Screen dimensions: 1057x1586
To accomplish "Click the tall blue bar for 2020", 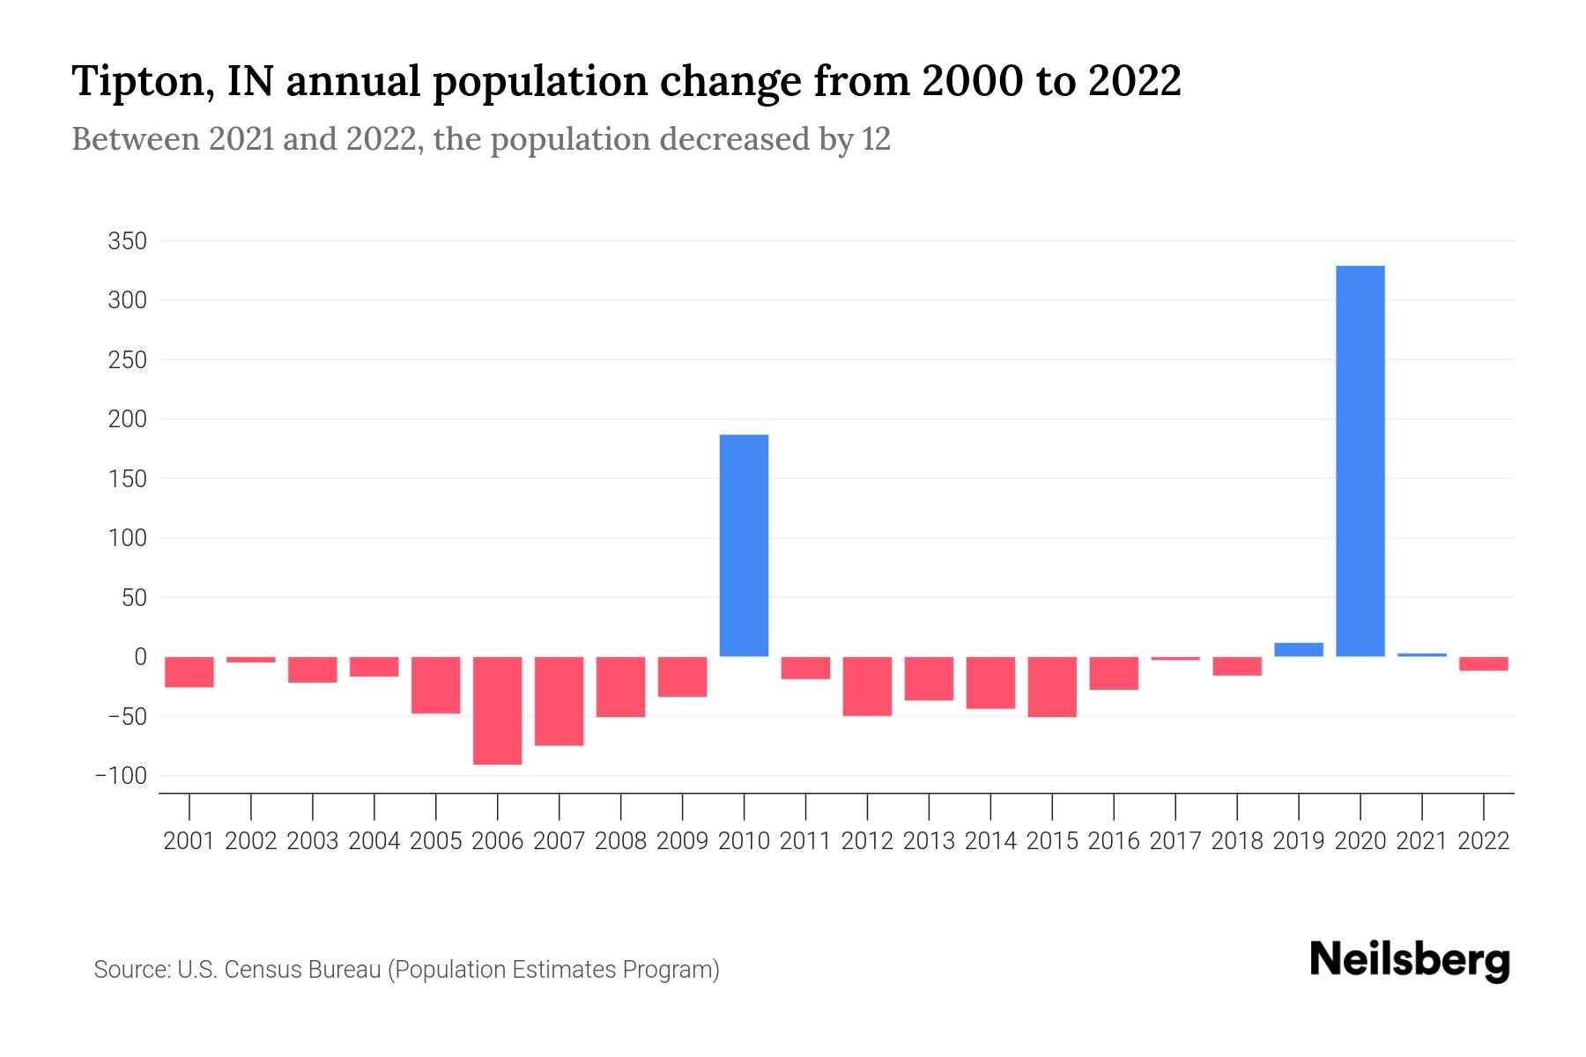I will point(1360,461).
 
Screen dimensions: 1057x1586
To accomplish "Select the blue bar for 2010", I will point(744,545).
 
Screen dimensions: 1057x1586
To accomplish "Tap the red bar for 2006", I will point(497,710).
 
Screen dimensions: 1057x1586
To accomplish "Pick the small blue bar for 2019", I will point(1299,650).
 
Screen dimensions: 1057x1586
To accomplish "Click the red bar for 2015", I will point(1052,687).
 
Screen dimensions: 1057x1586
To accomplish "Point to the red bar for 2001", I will point(189,672).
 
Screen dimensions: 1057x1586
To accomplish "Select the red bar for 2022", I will point(1484,664).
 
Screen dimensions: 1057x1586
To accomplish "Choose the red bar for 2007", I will point(559,701).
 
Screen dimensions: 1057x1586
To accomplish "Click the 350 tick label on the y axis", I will point(127,241).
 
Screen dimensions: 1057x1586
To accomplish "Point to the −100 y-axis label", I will point(122,776).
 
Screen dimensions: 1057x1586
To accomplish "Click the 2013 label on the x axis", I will point(929,841).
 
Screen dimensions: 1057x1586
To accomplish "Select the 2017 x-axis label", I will point(1175,841).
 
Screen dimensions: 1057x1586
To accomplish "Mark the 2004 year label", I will point(374,841).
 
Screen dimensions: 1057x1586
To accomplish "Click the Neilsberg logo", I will point(1410,961).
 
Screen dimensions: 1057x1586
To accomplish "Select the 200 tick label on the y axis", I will point(127,419).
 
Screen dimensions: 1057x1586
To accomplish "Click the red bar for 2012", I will point(867,686).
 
